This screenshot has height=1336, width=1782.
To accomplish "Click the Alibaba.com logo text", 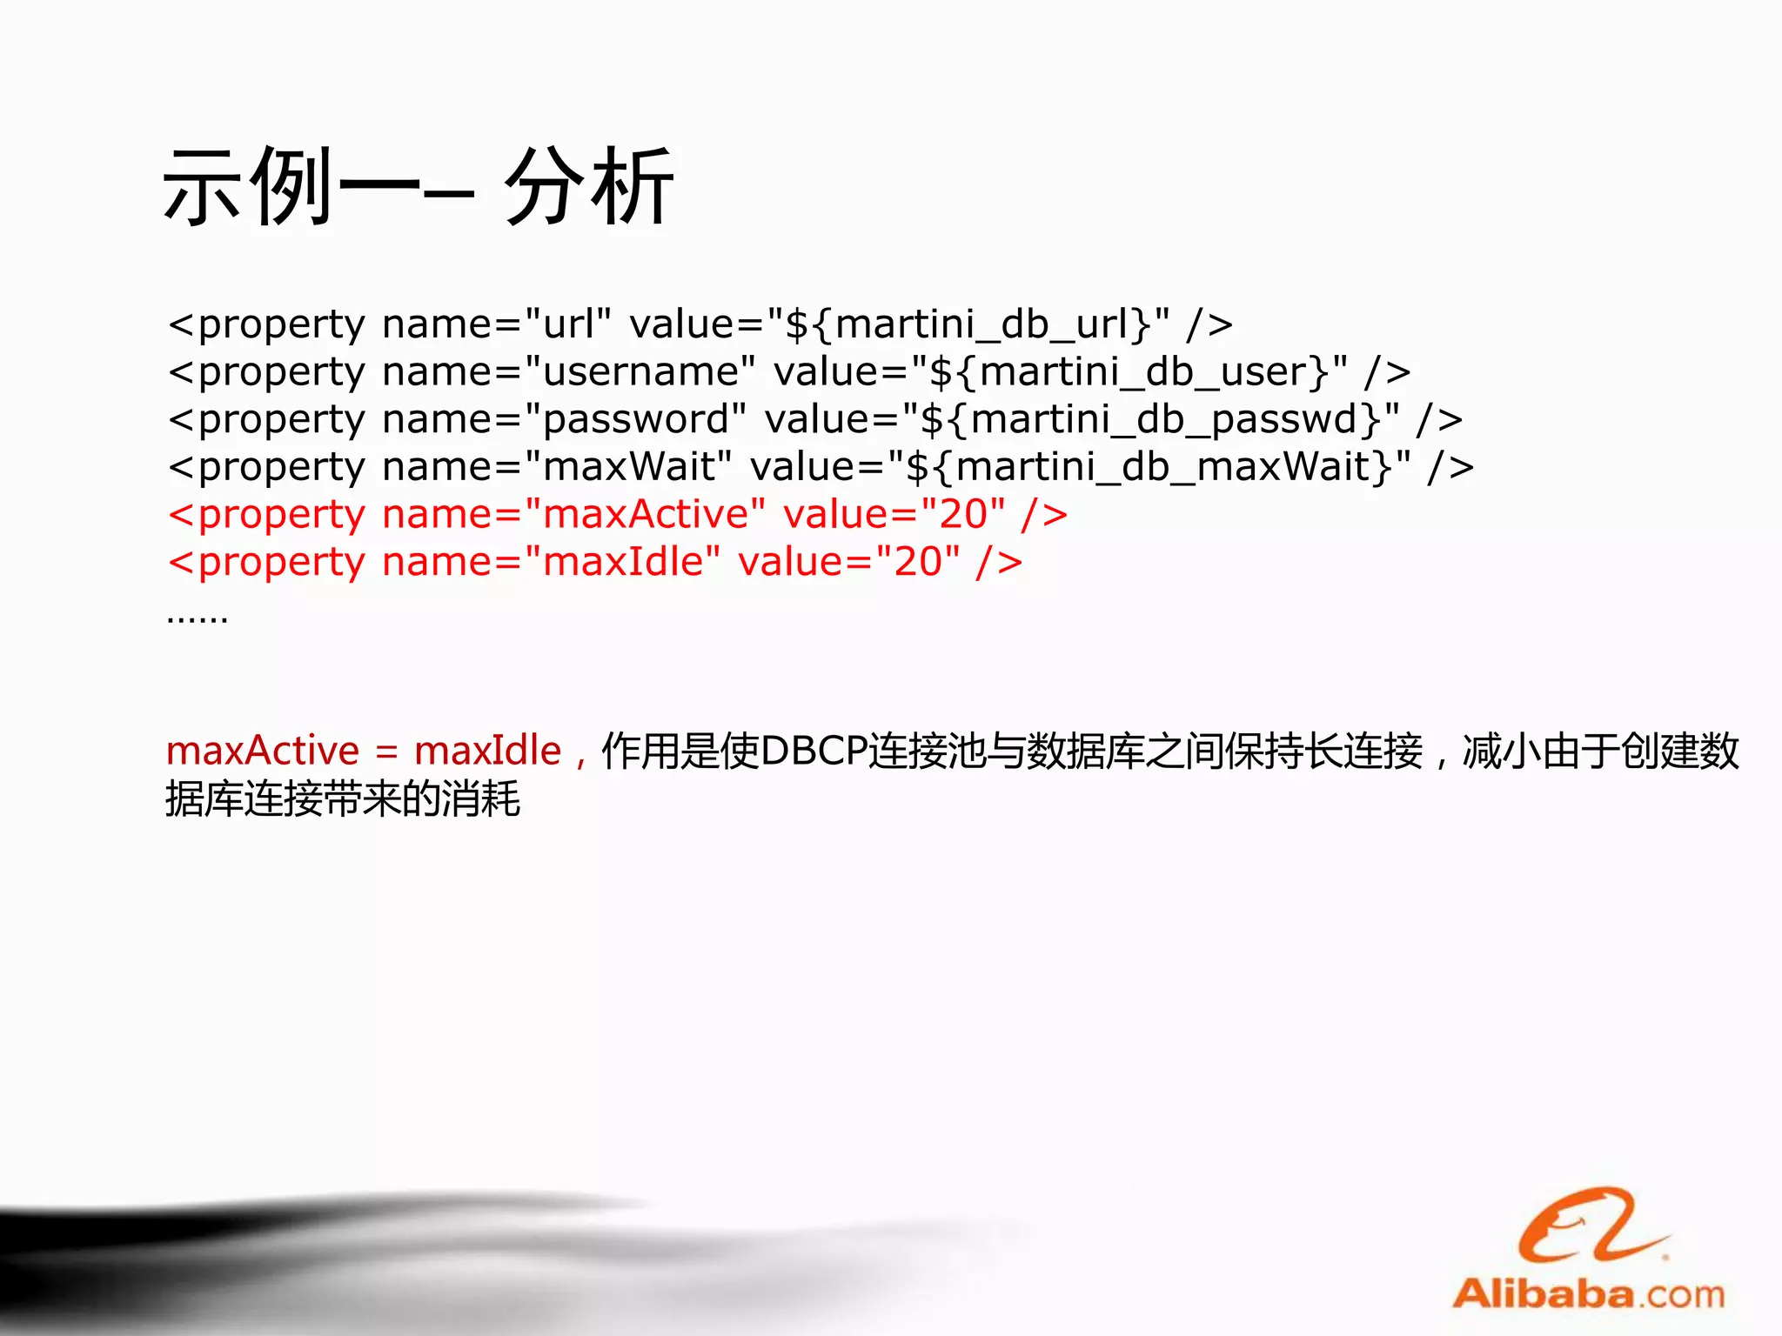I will [1588, 1294].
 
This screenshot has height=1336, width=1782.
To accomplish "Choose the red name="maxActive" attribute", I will [574, 515].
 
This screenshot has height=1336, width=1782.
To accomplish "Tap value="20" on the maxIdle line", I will [849, 562].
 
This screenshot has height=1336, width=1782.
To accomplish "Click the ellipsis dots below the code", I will [198, 618].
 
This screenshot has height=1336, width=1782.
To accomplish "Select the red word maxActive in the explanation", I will [262, 751].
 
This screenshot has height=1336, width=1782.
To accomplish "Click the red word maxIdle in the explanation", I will [487, 751].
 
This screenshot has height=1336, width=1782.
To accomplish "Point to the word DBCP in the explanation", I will [814, 751].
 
